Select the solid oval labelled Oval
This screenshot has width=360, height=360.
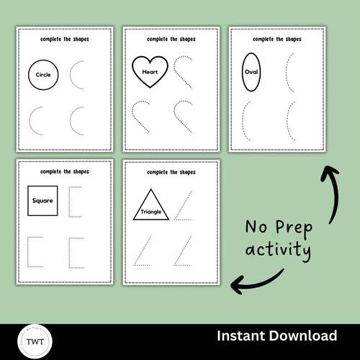click(x=251, y=72)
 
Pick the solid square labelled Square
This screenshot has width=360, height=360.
click(x=42, y=201)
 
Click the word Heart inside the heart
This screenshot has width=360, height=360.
click(x=150, y=72)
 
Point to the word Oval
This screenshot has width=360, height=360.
click(x=251, y=72)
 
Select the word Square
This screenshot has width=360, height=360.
click(x=42, y=201)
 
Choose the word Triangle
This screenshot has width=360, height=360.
click(x=152, y=212)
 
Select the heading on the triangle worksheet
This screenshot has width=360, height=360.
click(x=171, y=173)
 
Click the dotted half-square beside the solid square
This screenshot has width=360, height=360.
click(x=75, y=201)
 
